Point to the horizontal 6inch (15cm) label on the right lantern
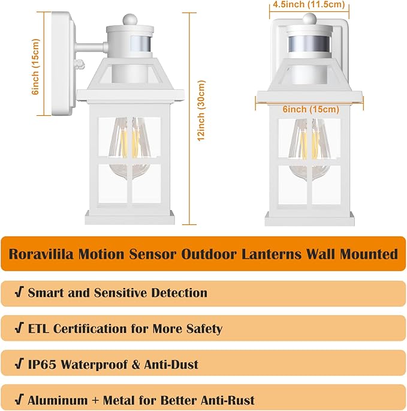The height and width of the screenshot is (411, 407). (310, 109)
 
